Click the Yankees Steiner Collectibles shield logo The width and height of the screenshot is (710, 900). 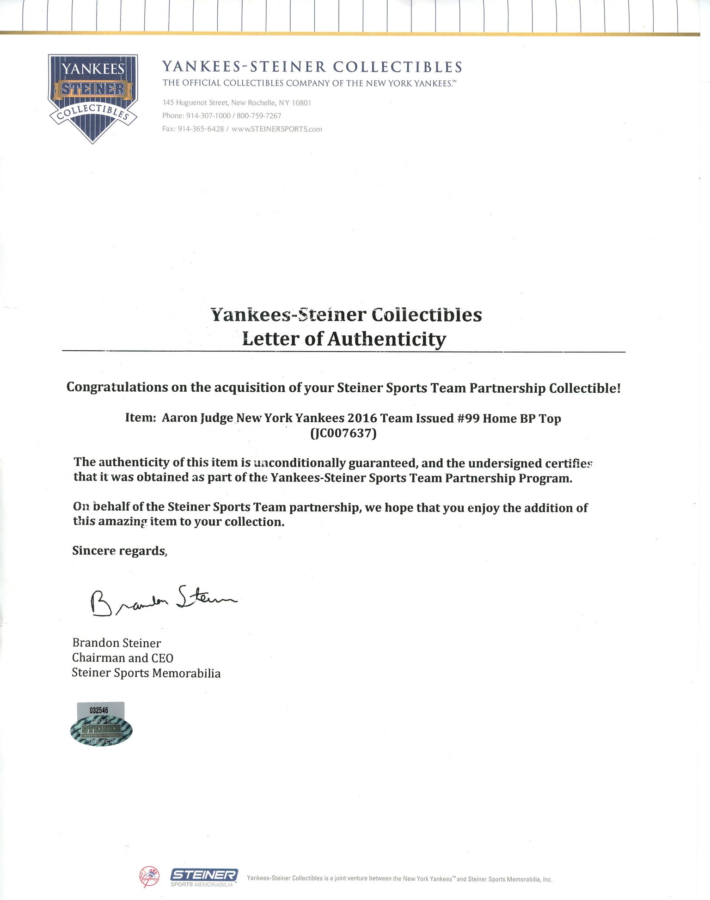point(92,97)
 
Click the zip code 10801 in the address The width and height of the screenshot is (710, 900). point(301,103)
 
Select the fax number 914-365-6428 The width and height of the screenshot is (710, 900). point(201,129)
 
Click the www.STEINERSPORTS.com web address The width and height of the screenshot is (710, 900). point(277,129)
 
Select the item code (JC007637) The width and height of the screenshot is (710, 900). point(344,434)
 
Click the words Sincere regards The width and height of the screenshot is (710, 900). point(119,551)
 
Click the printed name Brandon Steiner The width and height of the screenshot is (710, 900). point(116,643)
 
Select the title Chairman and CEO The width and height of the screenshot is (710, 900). point(122,658)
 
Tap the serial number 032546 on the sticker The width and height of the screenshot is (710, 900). point(99,710)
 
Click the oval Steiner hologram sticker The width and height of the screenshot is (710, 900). point(101,730)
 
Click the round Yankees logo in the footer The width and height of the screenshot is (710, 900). point(149,877)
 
